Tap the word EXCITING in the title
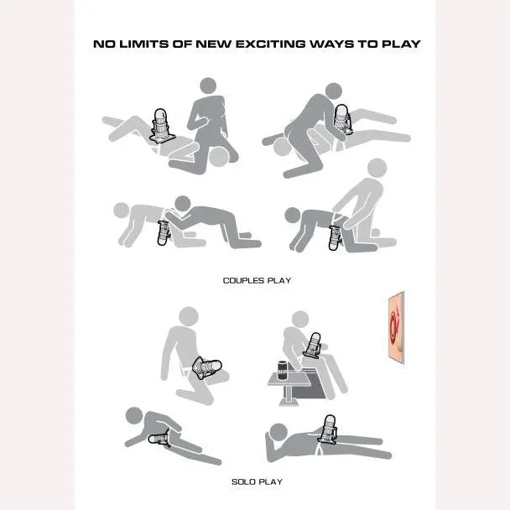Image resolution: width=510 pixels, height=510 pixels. click(271, 44)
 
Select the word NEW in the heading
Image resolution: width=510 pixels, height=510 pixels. click(214, 44)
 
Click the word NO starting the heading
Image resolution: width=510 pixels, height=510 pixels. click(104, 44)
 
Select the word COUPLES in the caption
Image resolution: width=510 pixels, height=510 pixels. click(243, 280)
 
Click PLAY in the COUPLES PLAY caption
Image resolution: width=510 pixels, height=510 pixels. click(279, 280)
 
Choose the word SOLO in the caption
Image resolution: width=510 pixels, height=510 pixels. click(242, 481)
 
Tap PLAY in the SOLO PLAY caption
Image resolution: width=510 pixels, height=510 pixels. click(270, 481)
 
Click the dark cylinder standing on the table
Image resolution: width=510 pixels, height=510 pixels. click(283, 370)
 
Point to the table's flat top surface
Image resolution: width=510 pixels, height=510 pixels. click(289, 380)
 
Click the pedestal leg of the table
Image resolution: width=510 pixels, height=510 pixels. click(288, 396)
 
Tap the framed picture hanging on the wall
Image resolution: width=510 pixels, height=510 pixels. click(396, 327)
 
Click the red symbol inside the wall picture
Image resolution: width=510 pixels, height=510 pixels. click(394, 326)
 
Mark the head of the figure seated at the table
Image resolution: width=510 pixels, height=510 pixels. click(300, 319)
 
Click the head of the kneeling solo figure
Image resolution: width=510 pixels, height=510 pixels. click(189, 316)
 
